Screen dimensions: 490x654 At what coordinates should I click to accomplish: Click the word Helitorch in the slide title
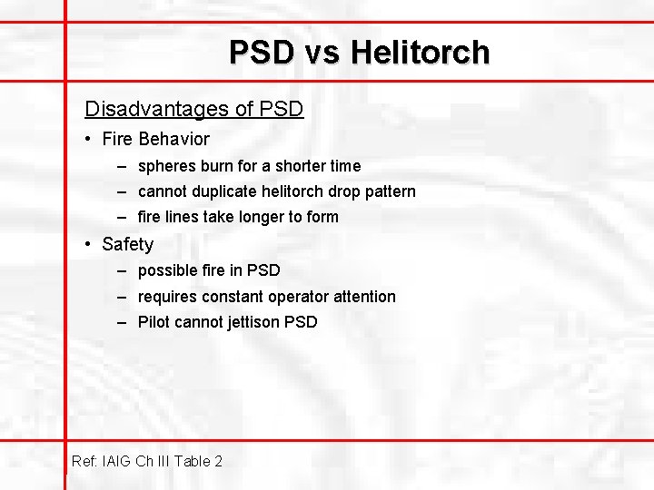(421, 53)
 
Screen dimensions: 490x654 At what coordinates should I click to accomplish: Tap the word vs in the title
(322, 53)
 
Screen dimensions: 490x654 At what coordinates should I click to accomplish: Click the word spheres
(165, 166)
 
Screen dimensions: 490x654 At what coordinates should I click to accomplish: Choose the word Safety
(128, 245)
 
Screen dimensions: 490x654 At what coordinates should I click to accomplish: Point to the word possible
(167, 270)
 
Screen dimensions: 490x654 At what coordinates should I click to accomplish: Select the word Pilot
(154, 322)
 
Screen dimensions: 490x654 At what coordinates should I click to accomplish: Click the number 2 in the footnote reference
(218, 461)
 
